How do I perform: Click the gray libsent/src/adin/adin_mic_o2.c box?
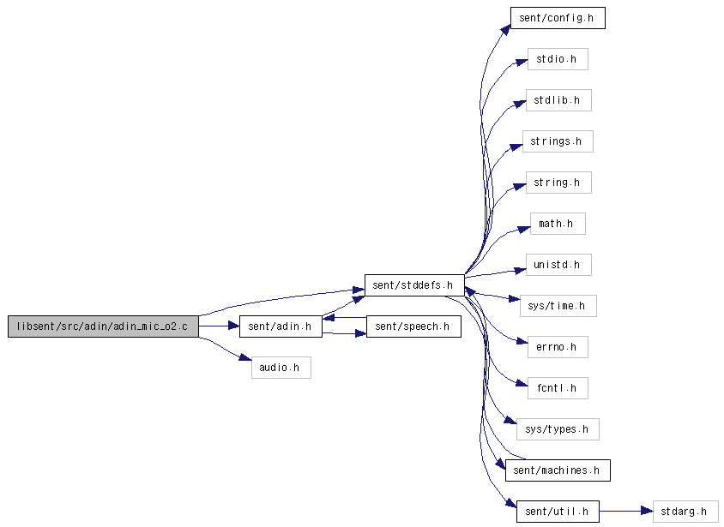pyautogui.click(x=103, y=326)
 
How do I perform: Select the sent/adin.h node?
pyautogui.click(x=281, y=326)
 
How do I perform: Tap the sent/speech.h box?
pyautogui.click(x=413, y=326)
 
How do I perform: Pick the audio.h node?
pyautogui.click(x=281, y=368)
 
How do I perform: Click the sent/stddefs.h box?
pyautogui.click(x=414, y=285)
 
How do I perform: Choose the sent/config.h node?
pyautogui.click(x=558, y=18)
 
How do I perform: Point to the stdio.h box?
pyautogui.click(x=558, y=59)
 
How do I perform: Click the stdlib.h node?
pyautogui.click(x=558, y=100)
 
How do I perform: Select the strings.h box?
pyautogui.click(x=558, y=141)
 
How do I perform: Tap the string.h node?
pyautogui.click(x=558, y=183)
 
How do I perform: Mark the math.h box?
pyautogui.click(x=558, y=224)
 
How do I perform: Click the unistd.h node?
pyautogui.click(x=558, y=265)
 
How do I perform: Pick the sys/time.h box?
pyautogui.click(x=558, y=306)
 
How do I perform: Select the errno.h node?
pyautogui.click(x=558, y=347)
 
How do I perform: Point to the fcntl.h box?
pyautogui.click(x=558, y=388)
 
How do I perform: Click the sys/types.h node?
pyautogui.click(x=558, y=429)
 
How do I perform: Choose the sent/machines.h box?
pyautogui.click(x=558, y=470)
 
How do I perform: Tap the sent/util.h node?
pyautogui.click(x=558, y=512)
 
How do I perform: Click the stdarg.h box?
pyautogui.click(x=685, y=512)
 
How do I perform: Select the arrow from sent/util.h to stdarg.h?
pyautogui.click(x=626, y=512)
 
